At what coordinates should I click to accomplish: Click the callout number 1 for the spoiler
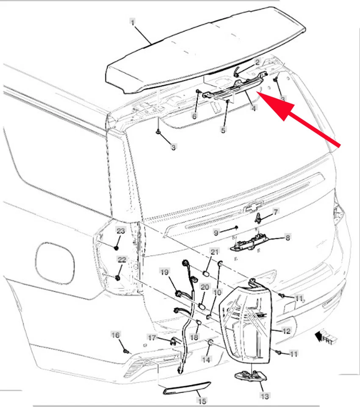point(133,21)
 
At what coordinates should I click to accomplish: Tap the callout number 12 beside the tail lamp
point(286,331)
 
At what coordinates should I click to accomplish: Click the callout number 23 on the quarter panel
point(121,231)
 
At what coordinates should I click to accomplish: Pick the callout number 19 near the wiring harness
point(164,272)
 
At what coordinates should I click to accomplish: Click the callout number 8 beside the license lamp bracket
point(287,238)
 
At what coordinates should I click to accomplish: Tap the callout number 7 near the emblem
point(275,211)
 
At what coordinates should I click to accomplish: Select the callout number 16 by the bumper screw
point(115,335)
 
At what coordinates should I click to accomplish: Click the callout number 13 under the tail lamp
point(264,396)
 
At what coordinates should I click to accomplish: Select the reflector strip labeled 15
point(186,388)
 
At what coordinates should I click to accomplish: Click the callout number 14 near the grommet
point(205,359)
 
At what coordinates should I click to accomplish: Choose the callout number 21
point(215,252)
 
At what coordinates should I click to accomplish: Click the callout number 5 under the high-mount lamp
point(223,130)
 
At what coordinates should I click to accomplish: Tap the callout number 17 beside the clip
point(152,338)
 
